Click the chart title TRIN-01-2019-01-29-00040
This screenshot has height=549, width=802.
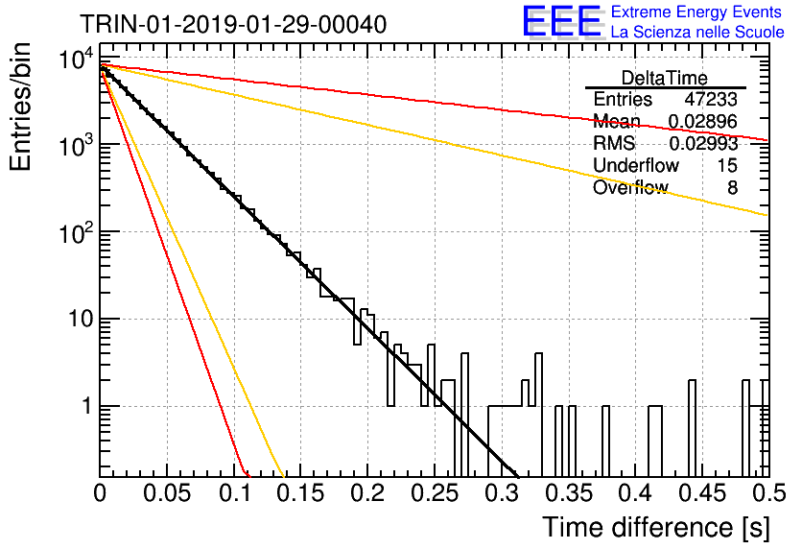(x=233, y=24)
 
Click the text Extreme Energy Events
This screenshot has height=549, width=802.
(x=696, y=12)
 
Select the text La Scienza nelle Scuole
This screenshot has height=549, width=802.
(x=697, y=32)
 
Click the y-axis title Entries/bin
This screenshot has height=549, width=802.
(x=20, y=107)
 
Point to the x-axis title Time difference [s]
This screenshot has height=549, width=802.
(x=656, y=527)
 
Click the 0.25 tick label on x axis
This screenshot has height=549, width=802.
(x=436, y=493)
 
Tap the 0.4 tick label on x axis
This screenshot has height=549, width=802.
(x=636, y=493)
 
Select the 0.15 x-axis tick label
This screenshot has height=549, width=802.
(x=301, y=493)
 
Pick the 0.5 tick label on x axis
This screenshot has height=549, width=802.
(x=768, y=493)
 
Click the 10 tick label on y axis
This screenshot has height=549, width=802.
(x=81, y=320)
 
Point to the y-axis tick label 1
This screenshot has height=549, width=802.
(x=87, y=407)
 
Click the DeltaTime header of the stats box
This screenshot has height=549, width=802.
(x=665, y=78)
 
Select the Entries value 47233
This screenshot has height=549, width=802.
(x=711, y=99)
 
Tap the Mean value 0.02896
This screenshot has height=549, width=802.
(x=703, y=121)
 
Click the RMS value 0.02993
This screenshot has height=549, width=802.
(x=703, y=144)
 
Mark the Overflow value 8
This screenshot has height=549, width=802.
(x=732, y=188)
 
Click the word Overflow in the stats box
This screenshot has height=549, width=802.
(x=630, y=188)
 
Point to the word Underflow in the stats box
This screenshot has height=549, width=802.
(x=636, y=165)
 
